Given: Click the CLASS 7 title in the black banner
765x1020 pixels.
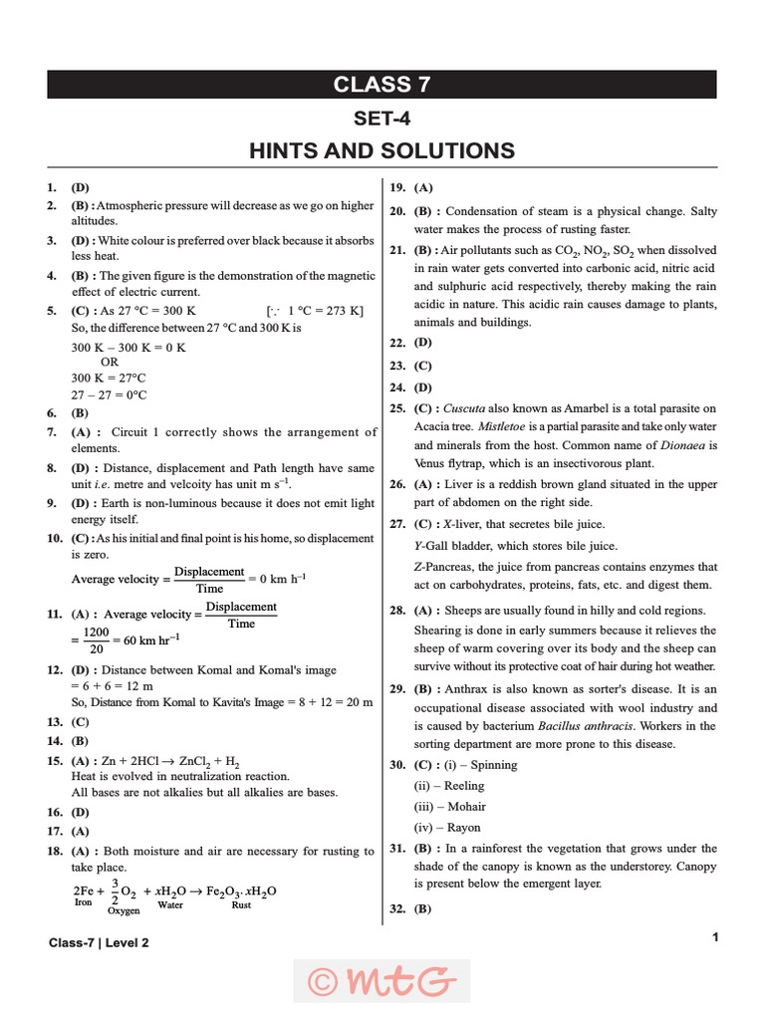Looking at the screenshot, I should point(382,85).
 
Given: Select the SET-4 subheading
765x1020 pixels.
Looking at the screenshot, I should point(382,119).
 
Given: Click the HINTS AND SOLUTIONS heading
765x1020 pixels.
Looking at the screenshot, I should point(382,151).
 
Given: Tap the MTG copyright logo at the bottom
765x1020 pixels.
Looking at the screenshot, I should point(382,981).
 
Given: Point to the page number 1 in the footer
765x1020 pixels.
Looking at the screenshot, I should point(715,937).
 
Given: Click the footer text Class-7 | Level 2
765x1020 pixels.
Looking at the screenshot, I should point(100,941).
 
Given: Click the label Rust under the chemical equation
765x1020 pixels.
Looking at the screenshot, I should point(241,905).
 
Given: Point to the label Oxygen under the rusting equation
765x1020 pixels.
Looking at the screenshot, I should point(124,910).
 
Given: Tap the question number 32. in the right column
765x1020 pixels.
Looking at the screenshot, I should point(395,909).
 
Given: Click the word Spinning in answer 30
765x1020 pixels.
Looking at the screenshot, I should point(494,765).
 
